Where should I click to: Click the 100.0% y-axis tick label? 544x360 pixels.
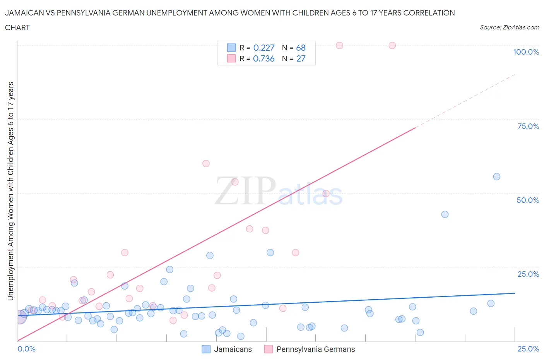(526, 52)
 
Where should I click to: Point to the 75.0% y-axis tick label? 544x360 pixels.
(528, 126)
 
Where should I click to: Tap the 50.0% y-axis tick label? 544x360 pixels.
(528, 200)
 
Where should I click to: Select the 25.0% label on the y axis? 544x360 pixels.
(528, 274)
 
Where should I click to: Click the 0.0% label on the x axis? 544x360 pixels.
(26, 349)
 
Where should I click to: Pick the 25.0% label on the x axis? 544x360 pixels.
(528, 349)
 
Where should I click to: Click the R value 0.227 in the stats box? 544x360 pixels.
(263, 48)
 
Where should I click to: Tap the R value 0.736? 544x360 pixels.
(263, 58)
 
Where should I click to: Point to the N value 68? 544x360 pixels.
(301, 48)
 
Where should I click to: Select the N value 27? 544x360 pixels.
(301, 58)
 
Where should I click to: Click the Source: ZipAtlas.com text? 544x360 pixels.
(509, 27)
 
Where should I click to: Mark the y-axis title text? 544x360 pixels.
(10, 191)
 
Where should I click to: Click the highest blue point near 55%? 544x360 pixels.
(496, 177)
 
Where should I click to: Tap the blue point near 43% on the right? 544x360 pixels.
(445, 214)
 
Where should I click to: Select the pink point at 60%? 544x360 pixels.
(206, 163)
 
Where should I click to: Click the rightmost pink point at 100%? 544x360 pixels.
(392, 45)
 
